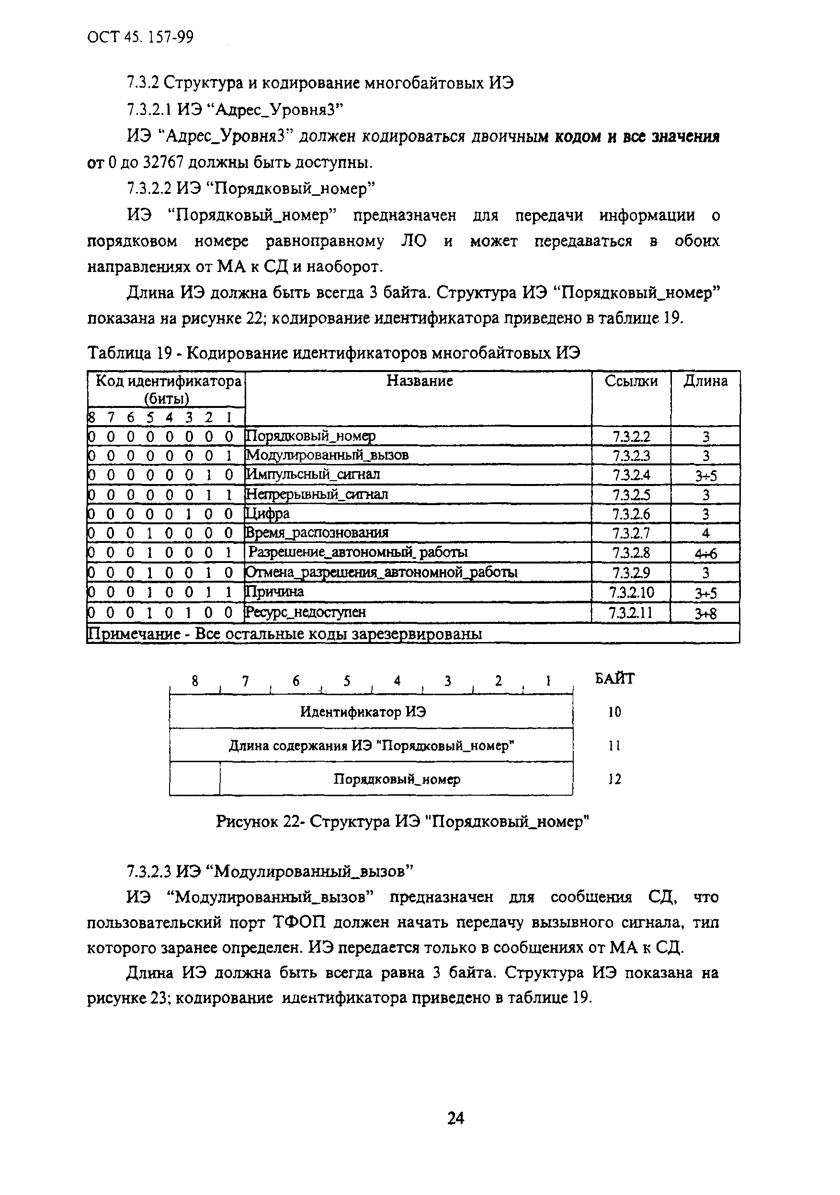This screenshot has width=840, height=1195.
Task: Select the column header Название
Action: (x=419, y=381)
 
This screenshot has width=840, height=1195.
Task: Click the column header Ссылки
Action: (x=631, y=381)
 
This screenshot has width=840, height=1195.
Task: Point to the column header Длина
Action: (x=705, y=381)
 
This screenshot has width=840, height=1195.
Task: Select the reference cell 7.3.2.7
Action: (x=631, y=533)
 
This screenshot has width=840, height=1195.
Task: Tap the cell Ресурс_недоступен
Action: (x=305, y=612)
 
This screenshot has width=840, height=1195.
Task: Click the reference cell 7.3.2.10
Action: (x=631, y=592)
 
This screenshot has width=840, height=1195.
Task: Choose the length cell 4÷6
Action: (x=705, y=553)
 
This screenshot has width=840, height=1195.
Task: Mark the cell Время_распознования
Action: (x=317, y=533)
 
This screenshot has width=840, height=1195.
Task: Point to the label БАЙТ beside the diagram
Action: (x=614, y=679)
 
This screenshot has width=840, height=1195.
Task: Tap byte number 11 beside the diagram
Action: (x=614, y=746)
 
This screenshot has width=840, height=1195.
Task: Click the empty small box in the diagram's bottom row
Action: (x=194, y=778)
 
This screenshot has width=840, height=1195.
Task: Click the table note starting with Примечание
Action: (x=285, y=633)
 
